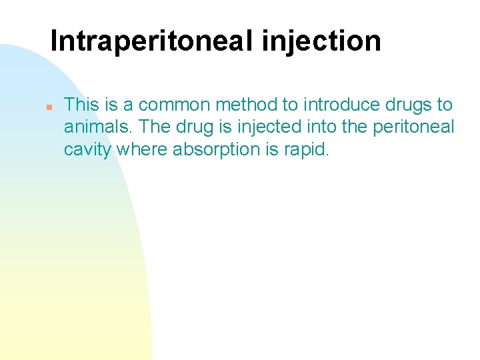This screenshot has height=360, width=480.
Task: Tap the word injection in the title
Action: [x=321, y=41]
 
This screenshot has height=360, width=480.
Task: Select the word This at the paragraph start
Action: [x=81, y=105]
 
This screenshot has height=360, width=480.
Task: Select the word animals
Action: [x=93, y=127]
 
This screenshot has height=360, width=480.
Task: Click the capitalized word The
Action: [x=146, y=127]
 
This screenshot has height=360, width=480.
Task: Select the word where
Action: [x=142, y=149]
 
